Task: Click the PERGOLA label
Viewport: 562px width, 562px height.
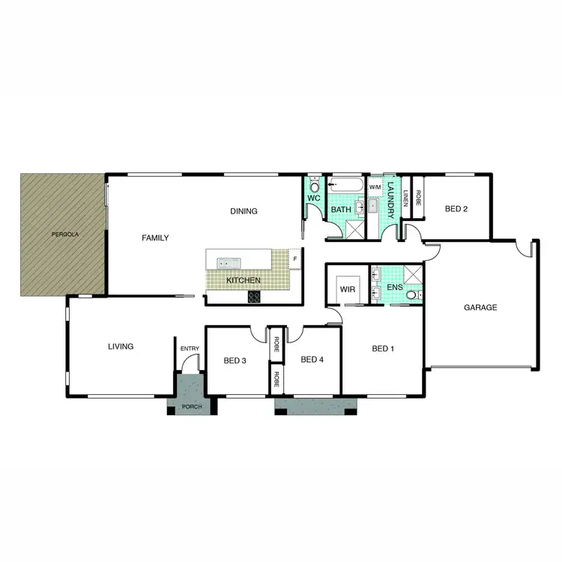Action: (x=65, y=235)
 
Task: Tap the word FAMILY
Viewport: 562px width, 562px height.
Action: (x=155, y=238)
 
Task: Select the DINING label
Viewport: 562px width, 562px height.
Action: (x=244, y=211)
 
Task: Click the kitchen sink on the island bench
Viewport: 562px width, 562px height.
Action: (x=227, y=262)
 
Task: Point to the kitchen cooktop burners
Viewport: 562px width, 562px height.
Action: (x=254, y=297)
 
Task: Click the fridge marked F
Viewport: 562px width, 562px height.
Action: (x=294, y=259)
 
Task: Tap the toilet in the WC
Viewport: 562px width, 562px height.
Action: (x=315, y=185)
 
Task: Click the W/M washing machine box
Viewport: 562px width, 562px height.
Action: (x=375, y=187)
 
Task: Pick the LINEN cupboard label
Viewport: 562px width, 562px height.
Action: (x=406, y=198)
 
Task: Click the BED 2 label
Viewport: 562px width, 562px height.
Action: (x=456, y=209)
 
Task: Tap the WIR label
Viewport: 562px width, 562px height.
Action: (x=346, y=288)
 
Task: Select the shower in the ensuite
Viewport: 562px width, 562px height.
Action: (x=412, y=274)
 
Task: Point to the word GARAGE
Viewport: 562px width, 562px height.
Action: (x=480, y=307)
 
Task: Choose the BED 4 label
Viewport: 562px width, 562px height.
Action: (x=312, y=360)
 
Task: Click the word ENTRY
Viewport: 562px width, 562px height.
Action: (x=190, y=348)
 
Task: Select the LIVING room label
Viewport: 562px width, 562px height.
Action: (x=120, y=347)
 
